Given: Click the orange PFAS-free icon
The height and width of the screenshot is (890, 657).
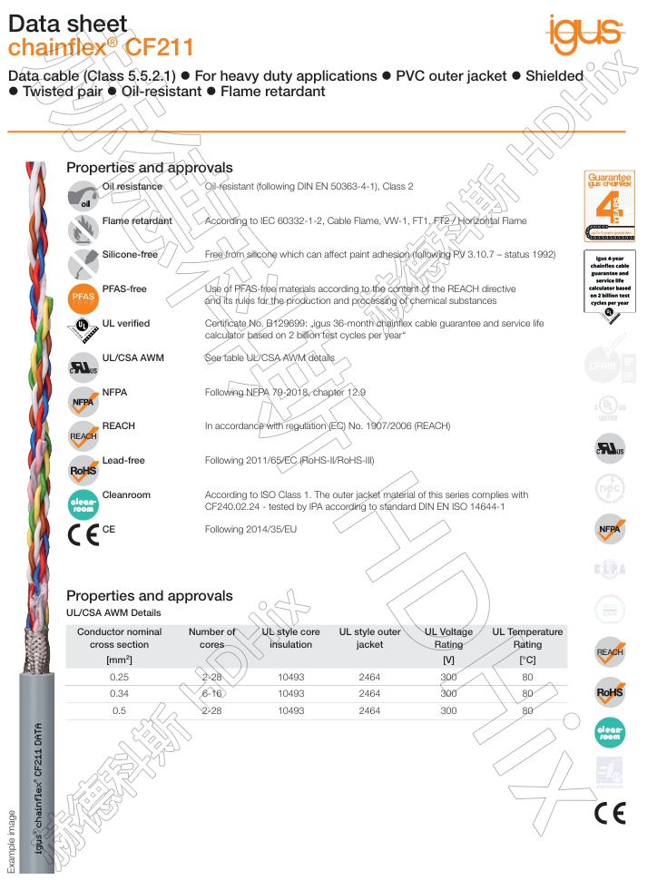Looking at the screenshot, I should (83, 297).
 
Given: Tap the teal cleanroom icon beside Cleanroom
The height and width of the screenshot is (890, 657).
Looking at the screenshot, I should (83, 504).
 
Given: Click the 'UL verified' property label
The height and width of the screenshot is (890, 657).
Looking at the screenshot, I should (126, 323).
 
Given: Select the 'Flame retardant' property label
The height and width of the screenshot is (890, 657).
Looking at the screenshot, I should (137, 220).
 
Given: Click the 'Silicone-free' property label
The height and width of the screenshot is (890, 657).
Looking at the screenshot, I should (130, 255).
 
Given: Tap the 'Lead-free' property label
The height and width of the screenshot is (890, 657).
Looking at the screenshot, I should (123, 461).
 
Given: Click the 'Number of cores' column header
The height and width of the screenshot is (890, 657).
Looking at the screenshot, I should (211, 638).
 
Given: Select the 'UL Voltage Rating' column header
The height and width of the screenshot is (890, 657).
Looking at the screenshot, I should (448, 638).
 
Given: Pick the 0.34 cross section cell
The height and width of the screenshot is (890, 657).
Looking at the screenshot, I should (119, 694).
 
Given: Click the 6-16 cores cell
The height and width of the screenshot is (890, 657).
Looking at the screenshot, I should (211, 694).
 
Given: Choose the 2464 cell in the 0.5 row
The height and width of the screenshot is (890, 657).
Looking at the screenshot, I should (369, 711).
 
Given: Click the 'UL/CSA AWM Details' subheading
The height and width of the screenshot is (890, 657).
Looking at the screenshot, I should (113, 613).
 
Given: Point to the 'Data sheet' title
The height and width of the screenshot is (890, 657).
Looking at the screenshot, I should (67, 24).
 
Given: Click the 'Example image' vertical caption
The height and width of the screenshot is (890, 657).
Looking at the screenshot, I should (12, 841).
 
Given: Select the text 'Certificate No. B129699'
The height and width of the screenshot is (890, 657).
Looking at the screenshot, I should (260, 323).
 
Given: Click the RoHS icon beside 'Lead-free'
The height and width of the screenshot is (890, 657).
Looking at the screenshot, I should (83, 469).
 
